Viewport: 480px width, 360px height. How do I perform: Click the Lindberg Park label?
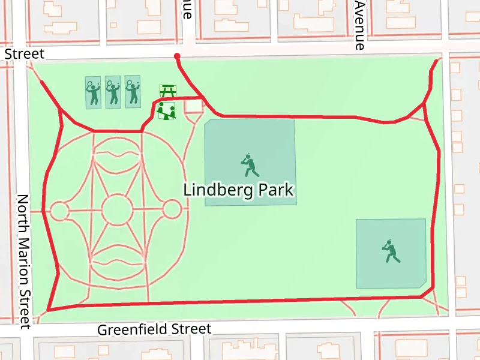coord(238,190)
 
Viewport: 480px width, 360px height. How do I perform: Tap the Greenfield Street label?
coord(154,329)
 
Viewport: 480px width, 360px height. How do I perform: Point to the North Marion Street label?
coord(23,261)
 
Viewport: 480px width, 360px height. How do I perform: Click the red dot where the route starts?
coord(177,56)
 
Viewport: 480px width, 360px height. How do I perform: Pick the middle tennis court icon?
coord(113,92)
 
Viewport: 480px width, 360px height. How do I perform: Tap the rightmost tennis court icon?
coord(133,92)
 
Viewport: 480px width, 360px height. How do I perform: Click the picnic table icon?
coord(167,91)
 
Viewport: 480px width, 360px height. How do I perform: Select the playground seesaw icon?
coord(166,110)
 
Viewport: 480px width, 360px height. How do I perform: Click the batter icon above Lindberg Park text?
coord(250,166)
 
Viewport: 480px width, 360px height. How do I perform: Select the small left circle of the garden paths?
coord(59,211)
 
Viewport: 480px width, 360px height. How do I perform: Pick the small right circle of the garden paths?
coord(172,209)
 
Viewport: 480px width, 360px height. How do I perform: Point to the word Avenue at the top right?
coord(359,25)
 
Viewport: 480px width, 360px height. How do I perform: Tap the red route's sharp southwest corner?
coord(47,310)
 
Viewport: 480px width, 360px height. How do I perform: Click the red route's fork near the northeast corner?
coord(424,104)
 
